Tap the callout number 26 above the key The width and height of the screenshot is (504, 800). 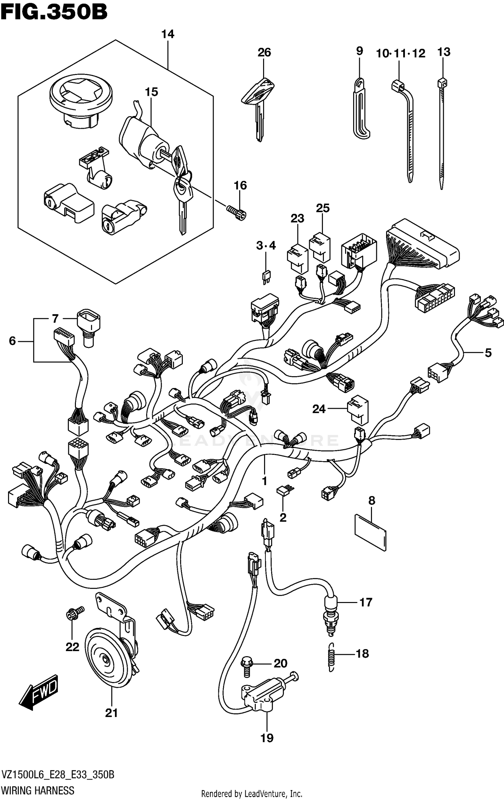tap(264, 52)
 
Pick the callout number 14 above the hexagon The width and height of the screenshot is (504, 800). tap(168, 34)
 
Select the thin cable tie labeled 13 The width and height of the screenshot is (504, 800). tap(442, 134)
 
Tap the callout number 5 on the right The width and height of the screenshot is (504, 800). tap(488, 353)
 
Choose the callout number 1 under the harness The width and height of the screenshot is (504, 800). tap(264, 481)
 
